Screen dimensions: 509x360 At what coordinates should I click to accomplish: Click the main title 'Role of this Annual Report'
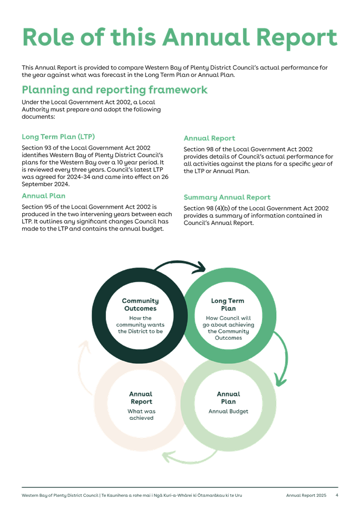point(179,37)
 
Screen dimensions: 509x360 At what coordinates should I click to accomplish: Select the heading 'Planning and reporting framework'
point(114,90)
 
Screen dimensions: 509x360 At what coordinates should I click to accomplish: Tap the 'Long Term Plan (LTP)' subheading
point(58,137)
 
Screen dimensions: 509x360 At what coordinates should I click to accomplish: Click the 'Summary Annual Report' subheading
point(227,197)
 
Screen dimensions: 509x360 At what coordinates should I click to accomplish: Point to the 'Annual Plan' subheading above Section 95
point(43,196)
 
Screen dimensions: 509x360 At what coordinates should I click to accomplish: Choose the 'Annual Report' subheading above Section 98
point(209,138)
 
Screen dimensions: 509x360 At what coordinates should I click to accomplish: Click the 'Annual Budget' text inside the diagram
point(228,411)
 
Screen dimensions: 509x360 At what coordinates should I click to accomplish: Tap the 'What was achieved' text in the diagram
point(141,414)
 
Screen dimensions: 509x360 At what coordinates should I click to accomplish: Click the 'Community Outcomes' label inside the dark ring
point(140,304)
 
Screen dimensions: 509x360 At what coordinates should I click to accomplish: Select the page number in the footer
point(337,495)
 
